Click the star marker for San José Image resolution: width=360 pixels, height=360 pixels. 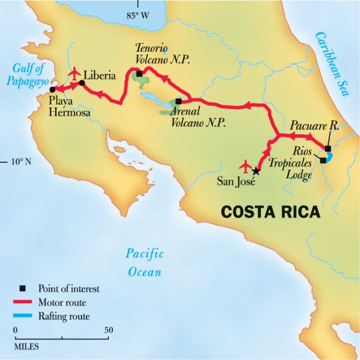(x=256, y=171)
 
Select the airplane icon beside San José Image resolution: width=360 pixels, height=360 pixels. (x=246, y=164)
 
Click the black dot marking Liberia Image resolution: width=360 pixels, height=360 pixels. (x=81, y=83)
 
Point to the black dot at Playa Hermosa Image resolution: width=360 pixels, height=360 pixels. (x=52, y=89)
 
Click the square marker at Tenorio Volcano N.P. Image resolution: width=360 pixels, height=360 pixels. (x=139, y=74)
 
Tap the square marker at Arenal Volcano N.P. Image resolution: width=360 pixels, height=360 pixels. (x=179, y=101)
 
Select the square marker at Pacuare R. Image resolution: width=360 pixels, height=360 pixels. (x=328, y=148)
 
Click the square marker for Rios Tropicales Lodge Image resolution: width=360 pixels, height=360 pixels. (x=323, y=160)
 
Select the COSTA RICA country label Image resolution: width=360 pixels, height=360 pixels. (x=270, y=212)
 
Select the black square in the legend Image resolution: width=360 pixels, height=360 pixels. (x=22, y=289)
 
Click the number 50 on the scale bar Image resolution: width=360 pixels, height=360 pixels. (x=108, y=330)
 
